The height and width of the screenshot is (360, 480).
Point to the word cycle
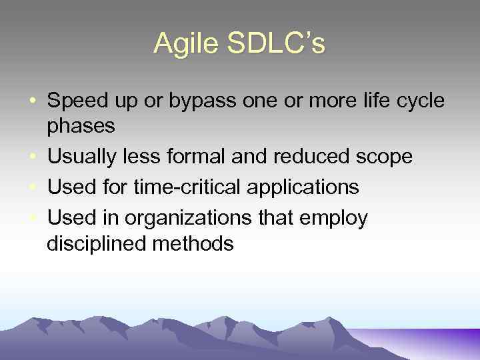point(423,101)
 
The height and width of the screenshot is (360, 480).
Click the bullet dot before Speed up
point(33,102)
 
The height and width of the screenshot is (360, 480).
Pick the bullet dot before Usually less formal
point(33,157)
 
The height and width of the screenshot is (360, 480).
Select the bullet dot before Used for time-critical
point(33,188)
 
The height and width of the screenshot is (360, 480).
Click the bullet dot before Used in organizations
point(33,218)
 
